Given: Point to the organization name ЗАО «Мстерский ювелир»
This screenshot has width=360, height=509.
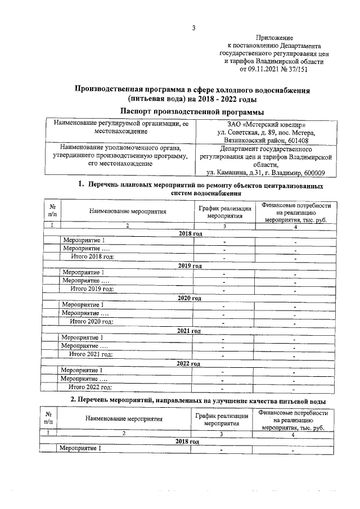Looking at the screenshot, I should coord(267,124).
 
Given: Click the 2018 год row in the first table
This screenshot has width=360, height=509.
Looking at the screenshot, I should coord(190,233).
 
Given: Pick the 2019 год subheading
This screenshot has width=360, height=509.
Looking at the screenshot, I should coord(190,265).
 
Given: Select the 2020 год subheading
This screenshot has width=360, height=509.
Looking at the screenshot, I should coord(190,298).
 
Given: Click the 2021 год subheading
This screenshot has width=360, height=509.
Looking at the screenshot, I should coord(190,331).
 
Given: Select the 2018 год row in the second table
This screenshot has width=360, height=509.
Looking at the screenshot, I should coord(187,442).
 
